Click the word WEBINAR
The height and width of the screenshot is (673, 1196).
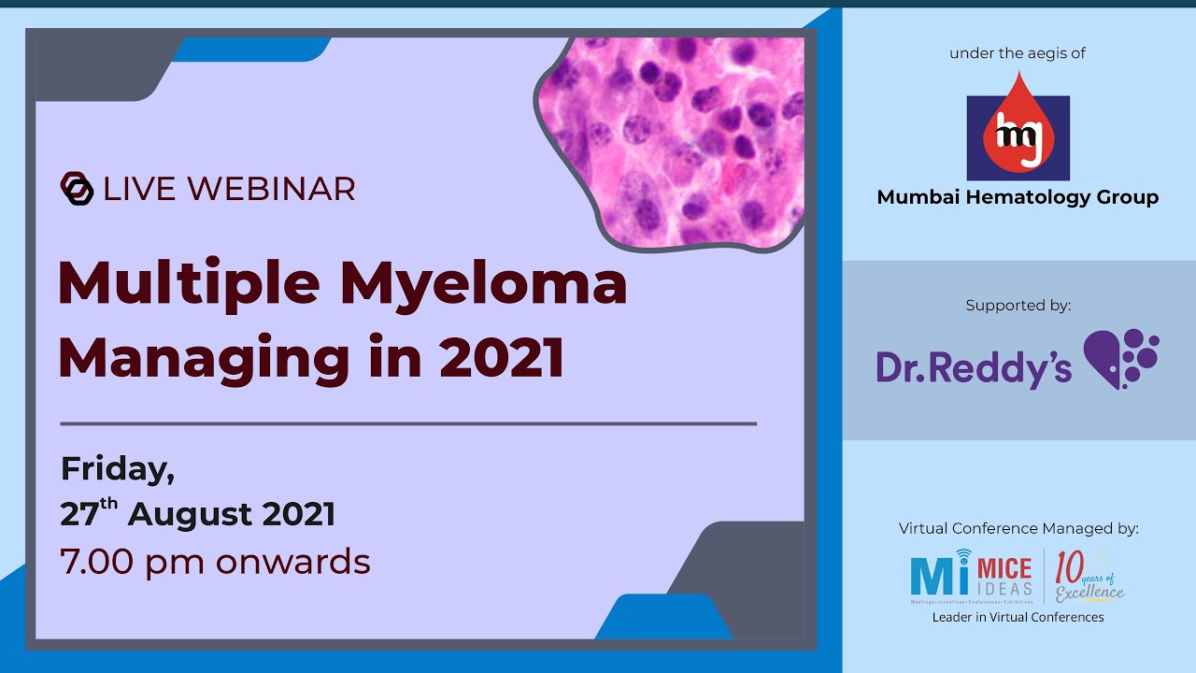274,189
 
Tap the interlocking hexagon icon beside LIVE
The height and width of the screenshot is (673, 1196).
77,188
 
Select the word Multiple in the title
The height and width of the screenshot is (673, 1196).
189,283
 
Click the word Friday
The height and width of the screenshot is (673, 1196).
118,469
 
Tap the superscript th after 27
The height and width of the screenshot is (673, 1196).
109,505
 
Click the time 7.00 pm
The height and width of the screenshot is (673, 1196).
134,562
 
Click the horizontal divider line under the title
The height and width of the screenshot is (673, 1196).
407,423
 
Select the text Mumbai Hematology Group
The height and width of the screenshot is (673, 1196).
1018,197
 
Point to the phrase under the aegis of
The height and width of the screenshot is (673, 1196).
1018,53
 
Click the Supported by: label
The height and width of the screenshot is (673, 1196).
1018,306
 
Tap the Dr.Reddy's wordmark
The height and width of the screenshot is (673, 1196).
974,367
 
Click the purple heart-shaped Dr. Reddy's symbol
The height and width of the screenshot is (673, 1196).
1119,358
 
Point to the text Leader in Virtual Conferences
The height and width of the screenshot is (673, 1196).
1018,617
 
